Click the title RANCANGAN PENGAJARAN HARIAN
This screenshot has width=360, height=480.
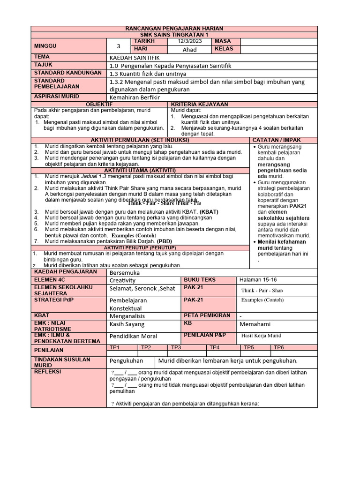(174, 29)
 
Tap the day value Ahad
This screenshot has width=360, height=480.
(189, 49)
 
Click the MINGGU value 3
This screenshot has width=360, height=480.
(119, 46)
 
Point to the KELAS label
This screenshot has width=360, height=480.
(224, 49)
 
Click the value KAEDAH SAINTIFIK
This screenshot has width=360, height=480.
(133, 57)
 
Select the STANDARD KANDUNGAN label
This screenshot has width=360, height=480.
(67, 73)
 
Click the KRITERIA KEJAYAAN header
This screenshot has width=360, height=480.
(200, 104)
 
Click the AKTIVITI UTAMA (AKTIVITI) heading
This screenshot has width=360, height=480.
(141, 170)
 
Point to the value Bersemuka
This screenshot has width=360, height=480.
(125, 272)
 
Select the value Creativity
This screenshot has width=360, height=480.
(122, 280)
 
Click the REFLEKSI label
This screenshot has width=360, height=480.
(47, 371)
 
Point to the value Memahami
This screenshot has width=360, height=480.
(255, 324)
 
